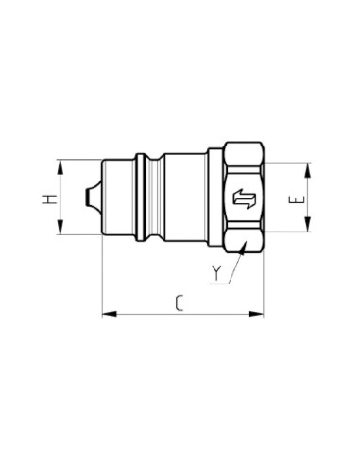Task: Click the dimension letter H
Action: click(49, 199)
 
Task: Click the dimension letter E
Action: click(297, 199)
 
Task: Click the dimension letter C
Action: click(180, 303)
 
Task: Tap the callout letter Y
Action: click(216, 273)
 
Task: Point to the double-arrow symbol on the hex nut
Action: click(245, 199)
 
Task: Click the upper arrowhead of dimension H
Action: click(60, 167)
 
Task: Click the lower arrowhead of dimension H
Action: click(60, 227)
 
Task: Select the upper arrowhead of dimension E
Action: click(308, 170)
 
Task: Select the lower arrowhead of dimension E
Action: click(308, 224)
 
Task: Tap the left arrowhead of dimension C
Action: click(110, 314)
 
